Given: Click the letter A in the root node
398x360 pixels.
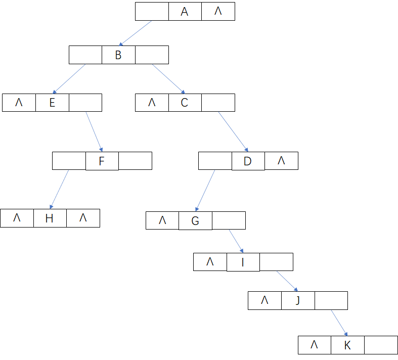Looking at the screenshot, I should (185, 12).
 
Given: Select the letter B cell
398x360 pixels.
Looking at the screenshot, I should (118, 55).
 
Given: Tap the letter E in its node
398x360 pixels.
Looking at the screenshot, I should (52, 103).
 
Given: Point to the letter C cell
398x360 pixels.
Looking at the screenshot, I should (185, 103).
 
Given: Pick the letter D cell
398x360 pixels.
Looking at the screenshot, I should (248, 161).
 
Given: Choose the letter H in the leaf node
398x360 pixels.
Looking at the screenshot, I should (50, 218).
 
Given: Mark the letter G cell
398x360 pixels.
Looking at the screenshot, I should (195, 221).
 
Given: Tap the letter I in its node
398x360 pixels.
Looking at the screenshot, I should (243, 262).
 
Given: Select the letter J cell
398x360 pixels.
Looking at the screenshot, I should (298, 300).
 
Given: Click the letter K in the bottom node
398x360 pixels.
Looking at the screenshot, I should (347, 345).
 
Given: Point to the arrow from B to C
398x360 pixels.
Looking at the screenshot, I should (168, 79).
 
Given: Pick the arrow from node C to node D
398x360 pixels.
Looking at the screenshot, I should (233, 131).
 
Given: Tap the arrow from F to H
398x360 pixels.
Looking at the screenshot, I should (60, 189).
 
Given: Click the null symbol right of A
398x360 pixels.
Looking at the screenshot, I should (218, 11).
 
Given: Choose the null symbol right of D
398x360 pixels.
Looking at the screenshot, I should (281, 161).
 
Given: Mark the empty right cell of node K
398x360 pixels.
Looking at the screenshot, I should (381, 345).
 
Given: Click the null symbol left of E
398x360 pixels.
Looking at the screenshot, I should (19, 103).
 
